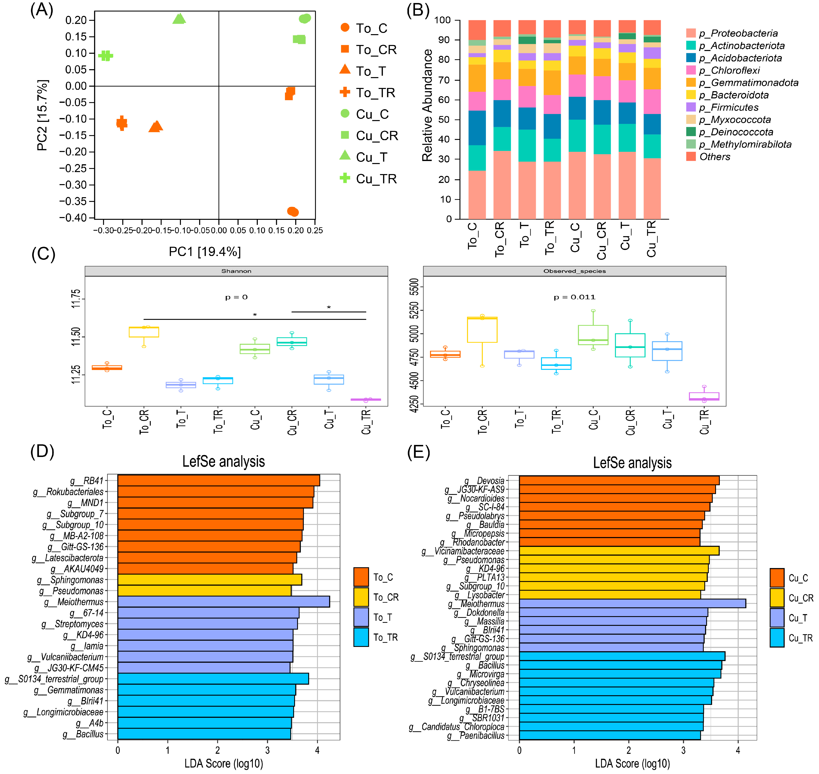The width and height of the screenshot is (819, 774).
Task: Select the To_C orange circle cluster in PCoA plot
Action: coord(293,212)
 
